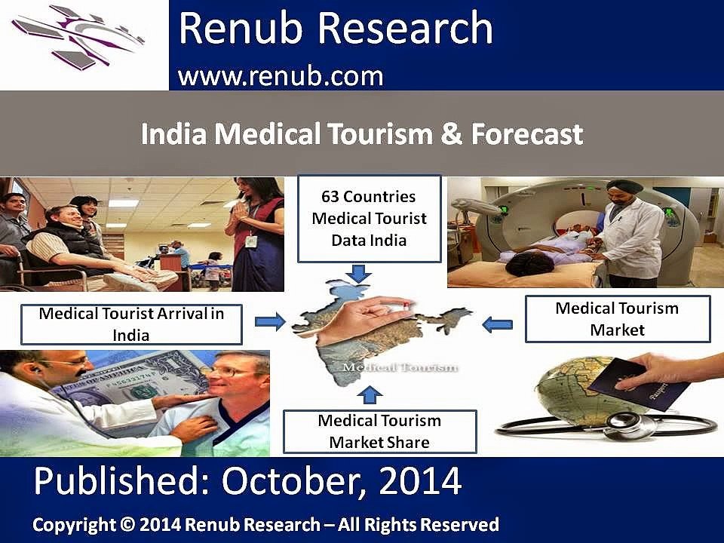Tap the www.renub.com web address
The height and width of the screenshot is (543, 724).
coord(281,76)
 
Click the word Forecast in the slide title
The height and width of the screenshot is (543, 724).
coord(527,134)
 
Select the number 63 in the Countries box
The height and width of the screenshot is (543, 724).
coord(330,197)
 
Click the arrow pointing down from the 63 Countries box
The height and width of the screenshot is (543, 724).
coord(358,273)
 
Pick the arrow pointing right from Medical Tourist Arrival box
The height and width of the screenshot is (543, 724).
coord(270,321)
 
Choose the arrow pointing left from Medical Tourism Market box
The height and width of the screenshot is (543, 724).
coord(497,324)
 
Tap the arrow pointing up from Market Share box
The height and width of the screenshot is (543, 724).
coord(370,395)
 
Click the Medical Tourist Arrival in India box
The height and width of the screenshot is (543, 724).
coord(131,324)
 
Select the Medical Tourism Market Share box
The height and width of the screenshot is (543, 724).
coord(379,431)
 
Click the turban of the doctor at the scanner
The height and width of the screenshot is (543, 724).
coord(624,186)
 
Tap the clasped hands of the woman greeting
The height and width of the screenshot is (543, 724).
coord(240,211)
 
